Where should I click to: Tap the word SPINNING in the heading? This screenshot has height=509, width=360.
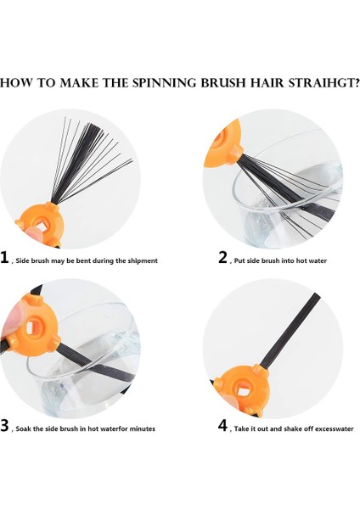tap(165, 83)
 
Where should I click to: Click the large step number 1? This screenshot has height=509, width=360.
tap(4, 257)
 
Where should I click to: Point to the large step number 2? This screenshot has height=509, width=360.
tap(223, 257)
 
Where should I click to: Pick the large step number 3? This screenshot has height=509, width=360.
tap(5, 425)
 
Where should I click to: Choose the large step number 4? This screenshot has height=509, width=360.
tap(223, 425)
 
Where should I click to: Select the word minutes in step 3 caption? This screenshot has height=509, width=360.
tap(143, 428)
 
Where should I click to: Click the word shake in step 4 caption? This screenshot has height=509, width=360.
tap(293, 428)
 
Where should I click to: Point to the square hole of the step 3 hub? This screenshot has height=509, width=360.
tap(32, 327)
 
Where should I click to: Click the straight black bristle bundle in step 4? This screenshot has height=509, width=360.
tap(290, 330)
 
